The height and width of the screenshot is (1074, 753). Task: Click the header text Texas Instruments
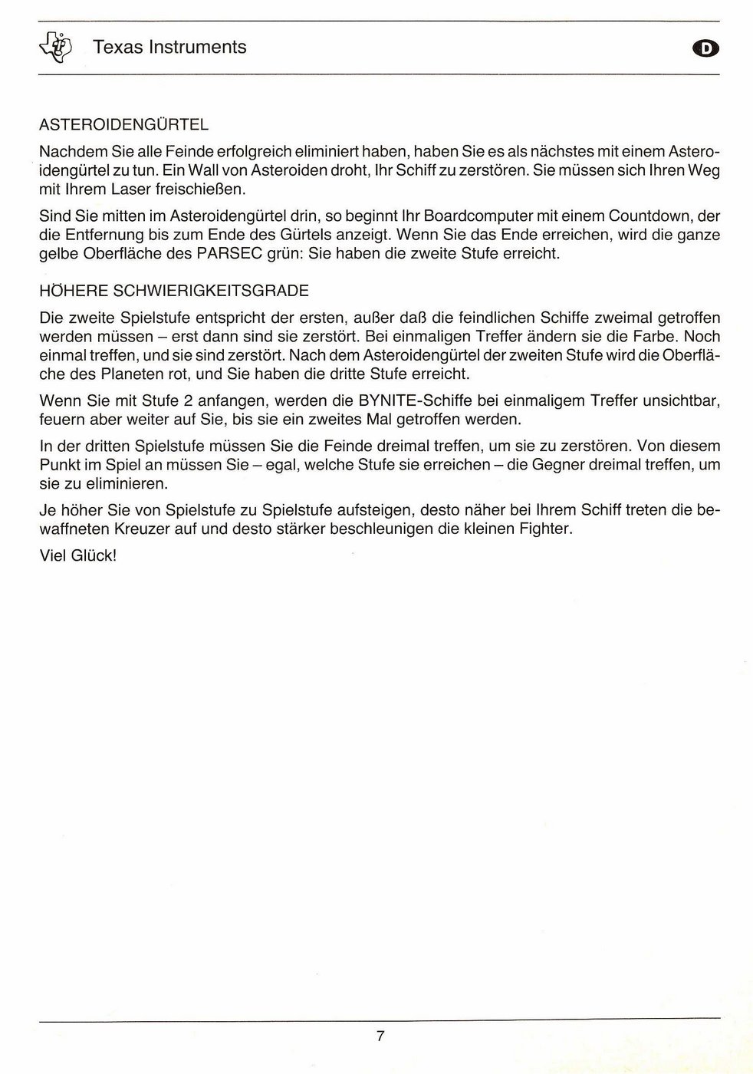[169, 48]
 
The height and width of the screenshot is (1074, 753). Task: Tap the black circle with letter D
[705, 48]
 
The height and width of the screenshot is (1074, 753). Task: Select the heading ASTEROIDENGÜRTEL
[123, 124]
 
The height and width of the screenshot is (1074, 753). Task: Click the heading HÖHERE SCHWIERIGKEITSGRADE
[173, 291]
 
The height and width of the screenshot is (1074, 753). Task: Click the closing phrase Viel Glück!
[77, 555]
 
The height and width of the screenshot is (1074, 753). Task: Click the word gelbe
[58, 253]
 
